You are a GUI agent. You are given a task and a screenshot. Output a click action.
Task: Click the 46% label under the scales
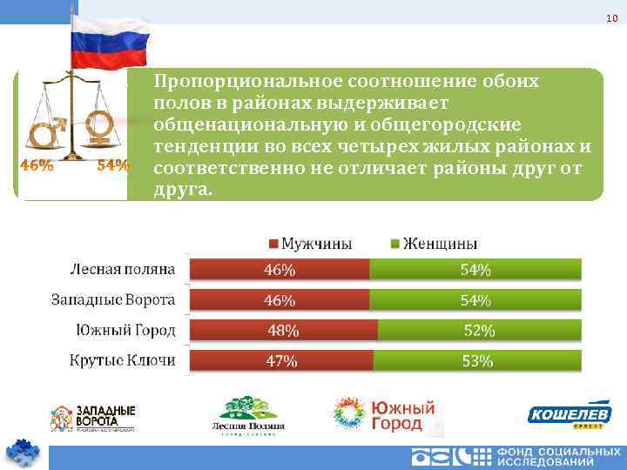click(36, 165)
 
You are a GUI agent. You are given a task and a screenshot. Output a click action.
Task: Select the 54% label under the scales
click(112, 165)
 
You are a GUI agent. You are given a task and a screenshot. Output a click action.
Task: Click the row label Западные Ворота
click(112, 299)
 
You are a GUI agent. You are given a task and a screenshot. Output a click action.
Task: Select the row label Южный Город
click(125, 330)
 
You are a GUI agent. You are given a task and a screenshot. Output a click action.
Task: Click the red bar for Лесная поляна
click(280, 270)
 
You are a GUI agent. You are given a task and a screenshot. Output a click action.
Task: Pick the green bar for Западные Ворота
click(475, 300)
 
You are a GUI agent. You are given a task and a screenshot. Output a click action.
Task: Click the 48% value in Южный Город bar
click(283, 331)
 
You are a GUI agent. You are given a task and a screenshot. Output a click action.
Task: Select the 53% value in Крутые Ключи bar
click(477, 360)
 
